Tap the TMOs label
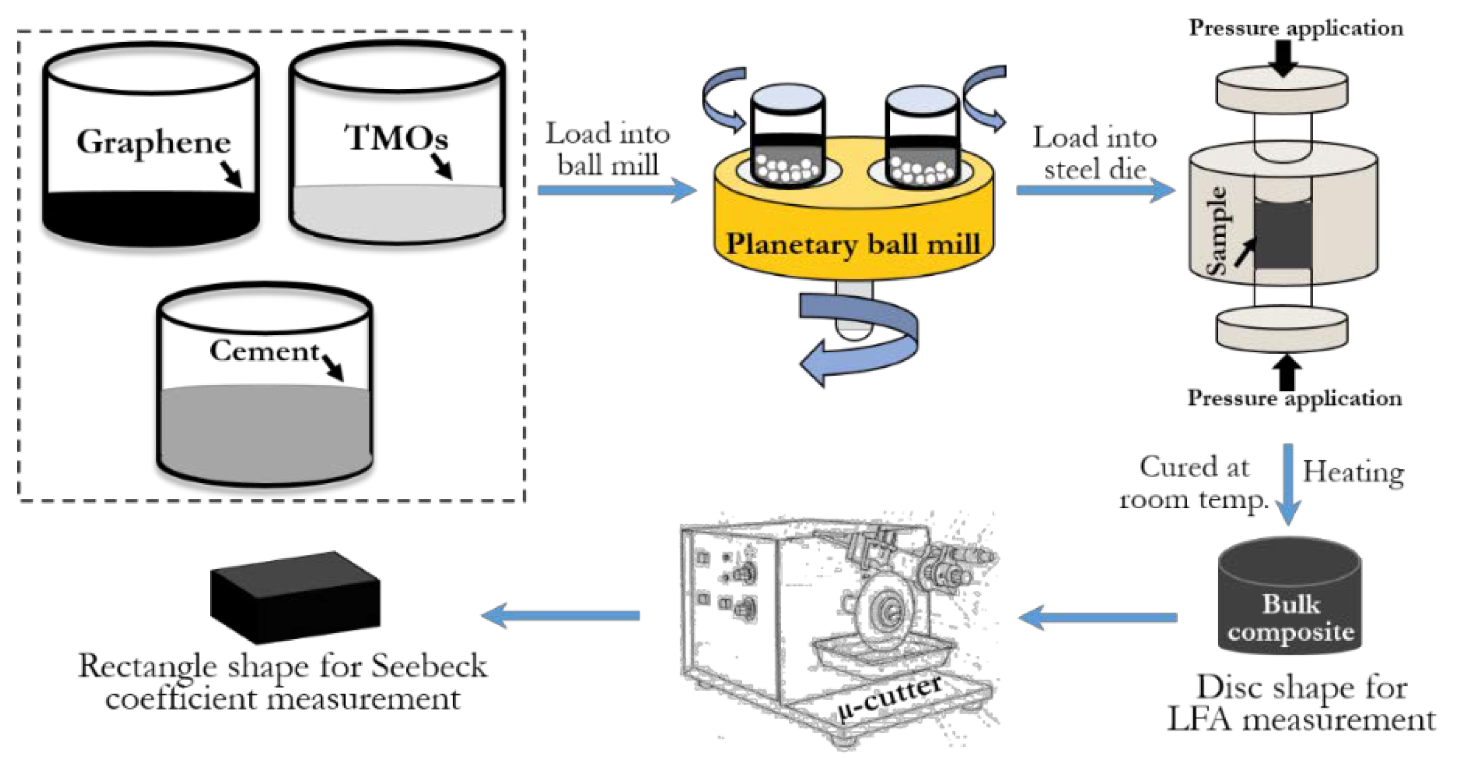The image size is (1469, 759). tap(396, 138)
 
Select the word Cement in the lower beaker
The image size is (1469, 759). tap(264, 351)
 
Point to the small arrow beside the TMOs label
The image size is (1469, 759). tap(442, 166)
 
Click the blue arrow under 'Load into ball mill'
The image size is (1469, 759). tap(616, 190)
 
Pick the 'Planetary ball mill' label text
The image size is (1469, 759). tap(853, 244)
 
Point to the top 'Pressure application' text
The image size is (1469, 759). tap(1296, 27)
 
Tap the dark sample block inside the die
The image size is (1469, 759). tap(1283, 234)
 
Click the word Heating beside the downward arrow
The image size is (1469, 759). tap(1353, 472)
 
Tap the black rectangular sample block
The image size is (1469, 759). tap(295, 596)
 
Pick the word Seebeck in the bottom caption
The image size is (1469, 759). tap(429, 666)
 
